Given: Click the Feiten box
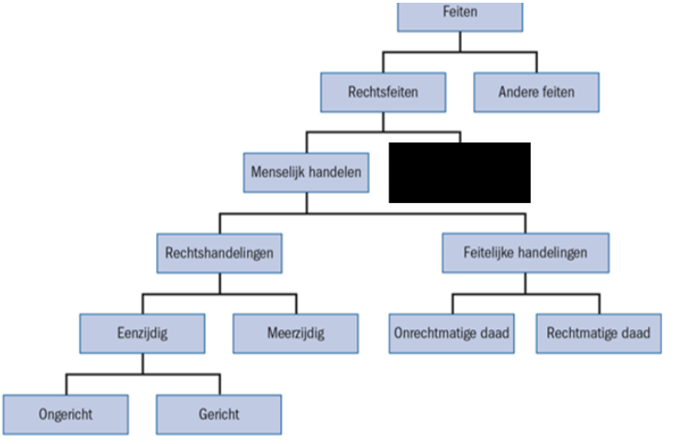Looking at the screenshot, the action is (x=460, y=17).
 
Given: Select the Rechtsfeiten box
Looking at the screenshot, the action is (x=383, y=93).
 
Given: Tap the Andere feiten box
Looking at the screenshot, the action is (x=536, y=93).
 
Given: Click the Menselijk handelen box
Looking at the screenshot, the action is (x=306, y=172).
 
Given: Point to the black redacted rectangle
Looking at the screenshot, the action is (x=460, y=172).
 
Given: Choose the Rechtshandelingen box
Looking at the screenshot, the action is (x=219, y=253).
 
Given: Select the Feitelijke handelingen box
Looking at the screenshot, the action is (x=526, y=253).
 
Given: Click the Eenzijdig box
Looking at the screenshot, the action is (x=142, y=334).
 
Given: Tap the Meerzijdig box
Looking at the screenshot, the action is (x=296, y=334).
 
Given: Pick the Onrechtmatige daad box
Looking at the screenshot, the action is (x=452, y=334).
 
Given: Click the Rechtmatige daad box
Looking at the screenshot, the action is (x=599, y=334).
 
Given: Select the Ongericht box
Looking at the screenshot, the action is (x=66, y=415).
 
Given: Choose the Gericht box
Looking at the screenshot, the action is (x=219, y=415).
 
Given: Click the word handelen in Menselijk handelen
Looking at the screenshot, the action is (x=335, y=172).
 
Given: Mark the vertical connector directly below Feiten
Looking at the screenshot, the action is (x=460, y=41).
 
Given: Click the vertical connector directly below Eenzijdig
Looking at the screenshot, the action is (x=143, y=364).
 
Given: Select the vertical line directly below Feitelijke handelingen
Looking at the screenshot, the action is (x=526, y=284).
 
